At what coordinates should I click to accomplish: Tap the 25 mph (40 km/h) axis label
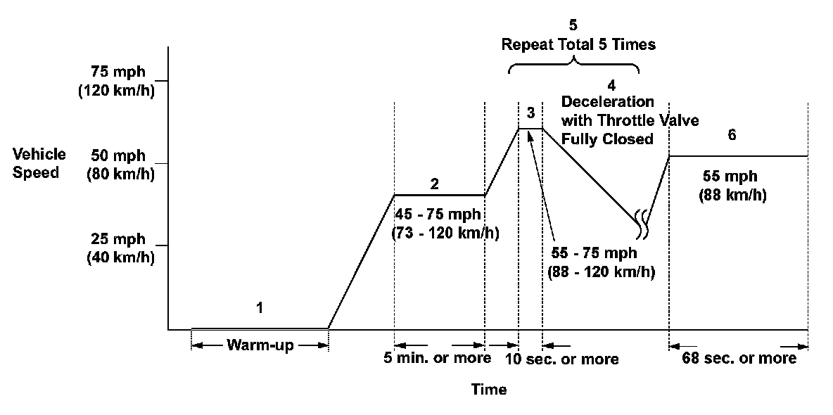120,248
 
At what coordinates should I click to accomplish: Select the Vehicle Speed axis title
39,163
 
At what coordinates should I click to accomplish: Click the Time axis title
489,389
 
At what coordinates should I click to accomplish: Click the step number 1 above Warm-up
260,307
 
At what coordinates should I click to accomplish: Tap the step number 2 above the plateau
435,184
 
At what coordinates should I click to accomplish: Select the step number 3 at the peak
530,113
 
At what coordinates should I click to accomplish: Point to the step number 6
732,136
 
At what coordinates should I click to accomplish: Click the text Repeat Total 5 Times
578,45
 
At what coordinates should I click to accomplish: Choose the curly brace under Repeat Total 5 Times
574,67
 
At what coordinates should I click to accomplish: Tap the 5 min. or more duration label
437,358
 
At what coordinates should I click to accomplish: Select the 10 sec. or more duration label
563,359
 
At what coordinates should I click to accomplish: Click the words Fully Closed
607,139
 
